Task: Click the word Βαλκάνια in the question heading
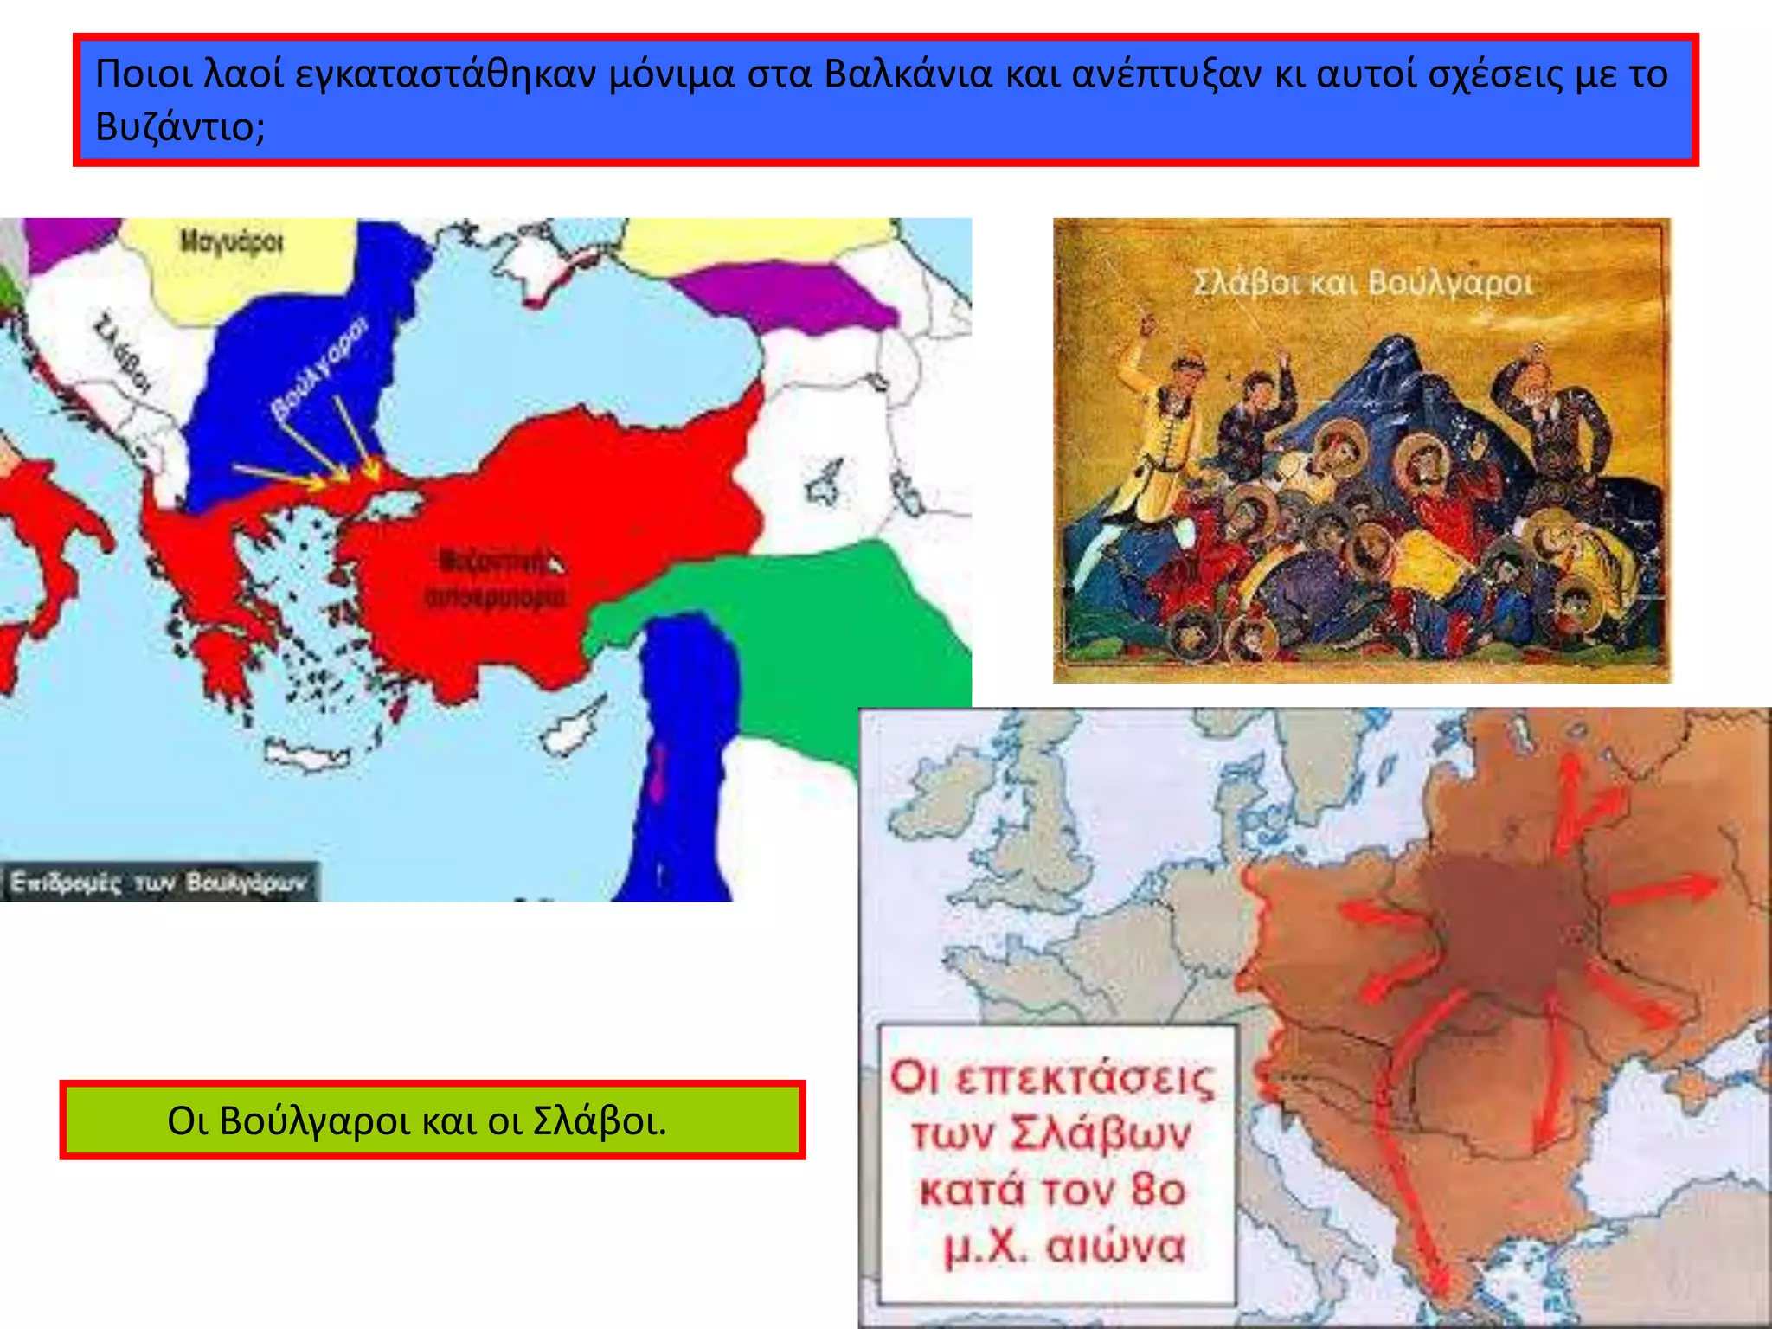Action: tap(908, 74)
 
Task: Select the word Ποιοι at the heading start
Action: tap(143, 74)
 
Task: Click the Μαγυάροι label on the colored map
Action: tap(231, 241)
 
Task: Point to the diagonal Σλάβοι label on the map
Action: tap(122, 355)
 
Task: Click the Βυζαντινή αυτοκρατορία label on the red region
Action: tap(496, 578)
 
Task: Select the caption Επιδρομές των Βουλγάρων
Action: tap(158, 883)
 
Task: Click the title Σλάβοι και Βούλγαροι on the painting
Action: tap(1361, 283)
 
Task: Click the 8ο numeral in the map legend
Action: tap(1157, 1190)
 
